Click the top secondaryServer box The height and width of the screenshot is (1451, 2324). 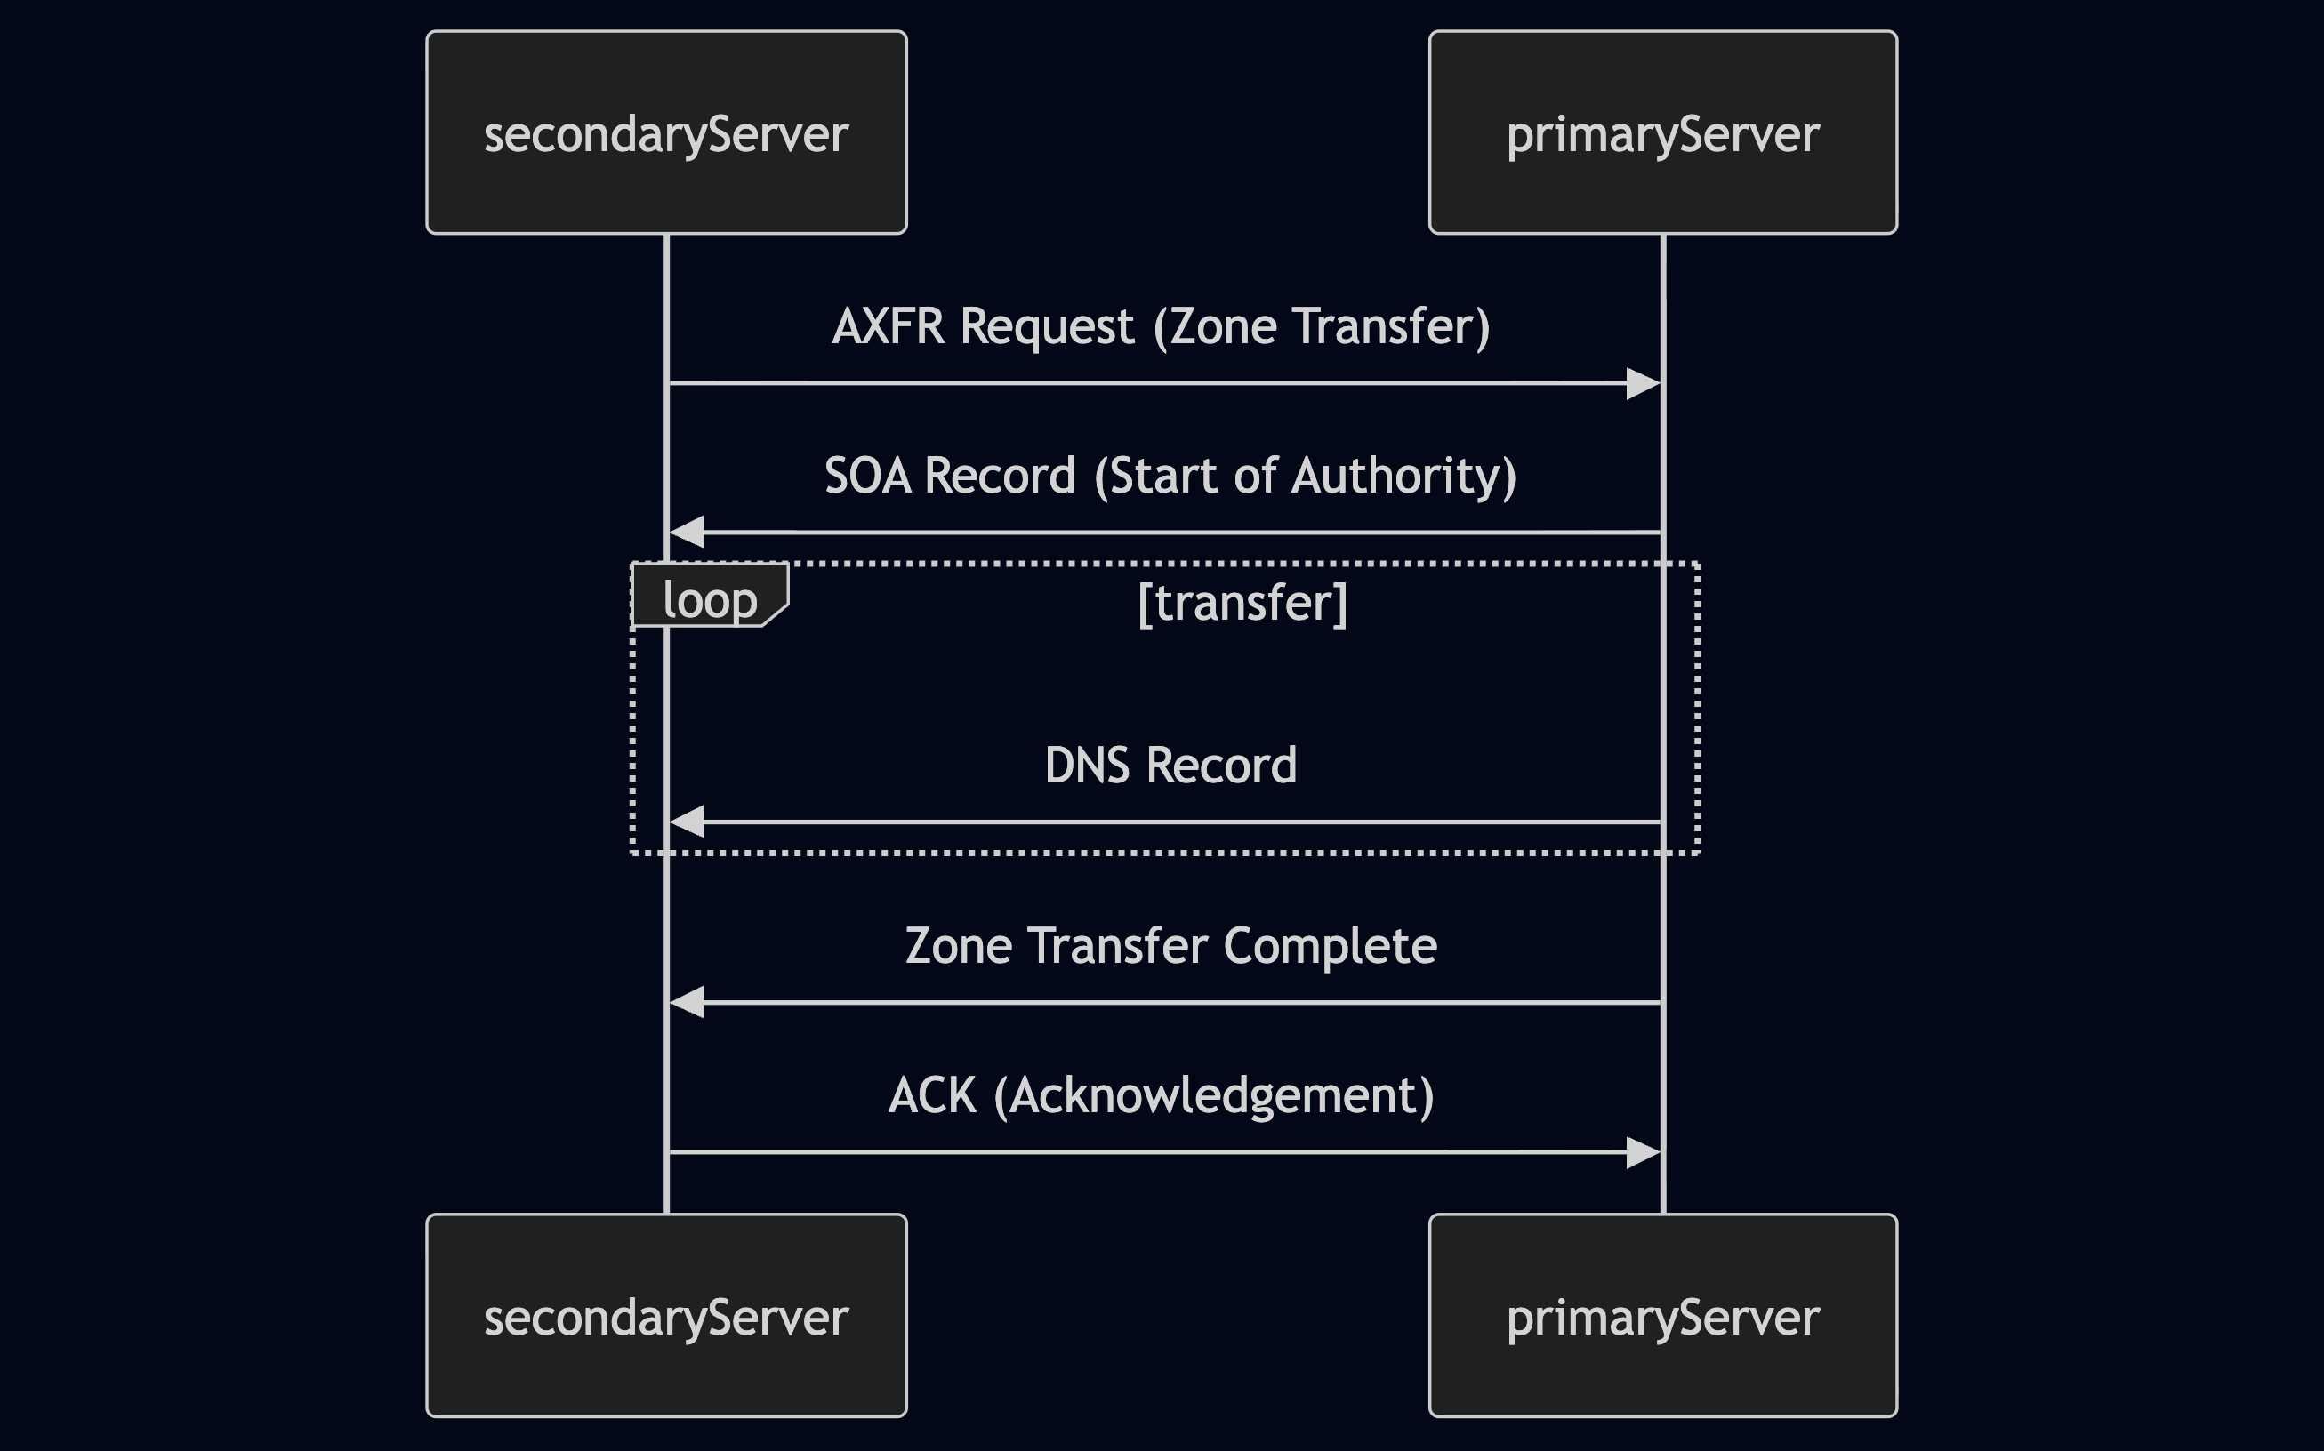click(x=666, y=132)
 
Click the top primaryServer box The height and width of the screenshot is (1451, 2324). click(x=1662, y=132)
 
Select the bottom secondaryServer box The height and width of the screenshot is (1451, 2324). click(x=666, y=1316)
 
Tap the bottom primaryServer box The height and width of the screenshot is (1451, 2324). click(x=1662, y=1316)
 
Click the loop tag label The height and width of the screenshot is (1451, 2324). click(x=711, y=600)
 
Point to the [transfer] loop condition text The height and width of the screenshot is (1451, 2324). click(x=1242, y=603)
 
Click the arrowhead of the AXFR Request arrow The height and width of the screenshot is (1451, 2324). click(x=1644, y=383)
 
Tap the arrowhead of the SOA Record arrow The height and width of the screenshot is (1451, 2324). click(x=687, y=532)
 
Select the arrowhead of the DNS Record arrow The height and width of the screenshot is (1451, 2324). click(x=687, y=822)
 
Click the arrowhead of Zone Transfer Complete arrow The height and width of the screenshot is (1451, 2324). click(x=687, y=1002)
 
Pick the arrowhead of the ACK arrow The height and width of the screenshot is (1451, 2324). click(x=1644, y=1151)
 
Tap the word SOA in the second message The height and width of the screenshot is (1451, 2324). click(x=867, y=476)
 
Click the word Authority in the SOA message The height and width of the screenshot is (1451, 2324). click(x=1402, y=476)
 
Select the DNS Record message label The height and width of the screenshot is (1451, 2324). click(x=1170, y=766)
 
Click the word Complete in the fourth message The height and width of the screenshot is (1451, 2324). click(x=1330, y=946)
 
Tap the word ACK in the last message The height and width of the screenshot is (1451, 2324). click(x=931, y=1096)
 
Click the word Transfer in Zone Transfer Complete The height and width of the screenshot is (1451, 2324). click(x=1117, y=946)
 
